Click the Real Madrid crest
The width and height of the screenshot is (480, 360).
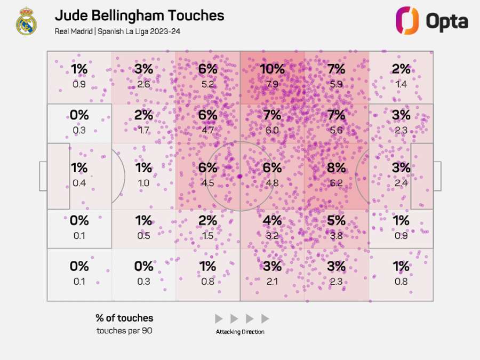coord(26,22)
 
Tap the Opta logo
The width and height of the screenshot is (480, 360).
coord(431,21)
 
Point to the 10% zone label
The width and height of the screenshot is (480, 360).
coord(272,69)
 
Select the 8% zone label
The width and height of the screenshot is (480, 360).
coord(336,167)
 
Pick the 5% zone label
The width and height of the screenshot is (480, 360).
coord(336,220)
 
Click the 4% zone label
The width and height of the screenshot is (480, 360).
coord(272,220)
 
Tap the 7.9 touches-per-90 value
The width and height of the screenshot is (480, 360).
coord(272,84)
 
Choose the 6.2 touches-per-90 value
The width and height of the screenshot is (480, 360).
coord(336,182)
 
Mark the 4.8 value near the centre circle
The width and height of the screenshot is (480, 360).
coord(272,182)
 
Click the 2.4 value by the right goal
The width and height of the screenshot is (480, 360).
coord(401,182)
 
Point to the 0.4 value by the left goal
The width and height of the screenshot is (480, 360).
coord(79,182)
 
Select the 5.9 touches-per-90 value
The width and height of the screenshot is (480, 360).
coord(336,84)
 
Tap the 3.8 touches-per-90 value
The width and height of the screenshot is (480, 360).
coord(336,235)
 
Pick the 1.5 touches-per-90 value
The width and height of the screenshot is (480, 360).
coord(207,235)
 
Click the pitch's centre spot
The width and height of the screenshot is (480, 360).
coord(240,176)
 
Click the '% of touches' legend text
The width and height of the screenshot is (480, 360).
coord(124,318)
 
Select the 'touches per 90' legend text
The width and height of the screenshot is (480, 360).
coord(124,331)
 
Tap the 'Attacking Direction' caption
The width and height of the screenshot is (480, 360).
coord(240,332)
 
